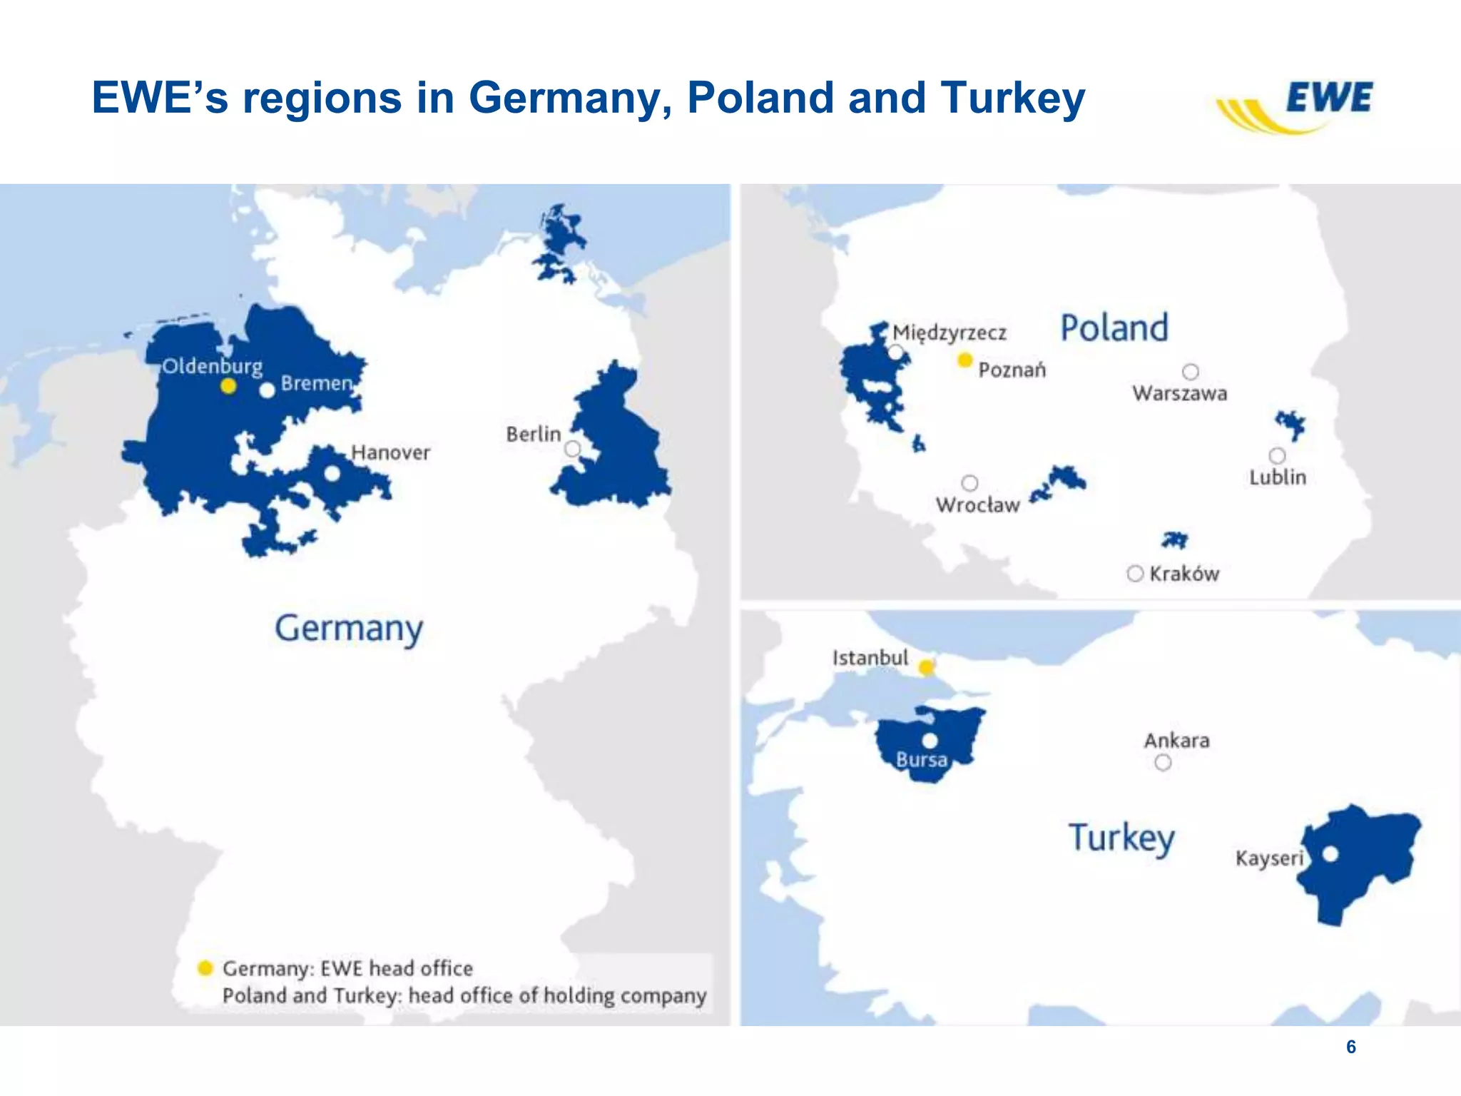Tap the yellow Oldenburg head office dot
coord(228,386)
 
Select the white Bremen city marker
coord(267,390)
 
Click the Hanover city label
coord(390,452)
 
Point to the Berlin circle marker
coord(572,449)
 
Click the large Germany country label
coord(349,629)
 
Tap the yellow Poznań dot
coord(964,360)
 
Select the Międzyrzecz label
coord(950,333)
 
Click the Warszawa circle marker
coord(1190,372)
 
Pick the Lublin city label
coord(1277,477)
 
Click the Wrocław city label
coord(977,504)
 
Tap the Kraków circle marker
coord(1135,574)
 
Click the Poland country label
coord(1114,328)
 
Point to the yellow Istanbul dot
coord(926,668)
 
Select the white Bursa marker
coord(930,741)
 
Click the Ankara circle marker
coord(1163,763)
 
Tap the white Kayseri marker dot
coord(1330,853)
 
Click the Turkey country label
coord(1121,838)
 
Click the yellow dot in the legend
coord(205,968)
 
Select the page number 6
coord(1350,1047)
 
